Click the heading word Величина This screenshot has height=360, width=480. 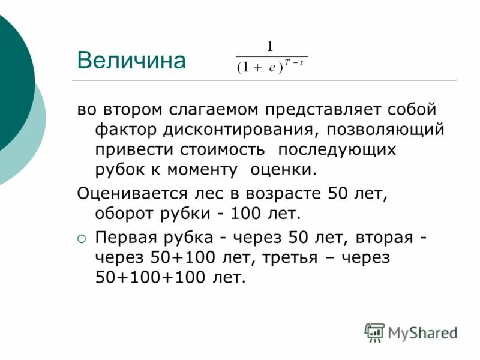click(131, 60)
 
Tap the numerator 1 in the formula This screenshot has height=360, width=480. click(270, 47)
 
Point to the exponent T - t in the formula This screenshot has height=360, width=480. click(294, 62)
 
